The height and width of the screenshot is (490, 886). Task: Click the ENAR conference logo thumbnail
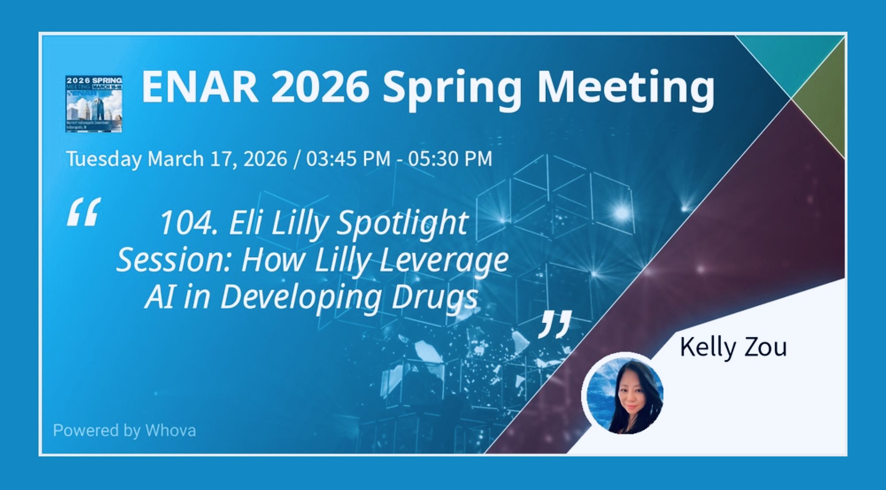tap(94, 103)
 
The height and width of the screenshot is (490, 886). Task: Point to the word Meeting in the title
tap(625, 88)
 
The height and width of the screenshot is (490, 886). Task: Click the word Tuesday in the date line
tap(104, 159)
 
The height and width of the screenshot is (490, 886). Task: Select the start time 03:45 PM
tap(348, 159)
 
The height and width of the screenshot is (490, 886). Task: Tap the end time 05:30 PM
tap(450, 159)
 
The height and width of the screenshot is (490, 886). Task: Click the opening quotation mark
tap(84, 212)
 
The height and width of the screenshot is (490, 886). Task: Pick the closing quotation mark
tap(555, 324)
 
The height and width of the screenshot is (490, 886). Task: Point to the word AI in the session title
tap(157, 296)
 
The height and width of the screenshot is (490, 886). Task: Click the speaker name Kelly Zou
tap(733, 347)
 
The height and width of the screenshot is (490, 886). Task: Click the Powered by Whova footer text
tap(124, 430)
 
